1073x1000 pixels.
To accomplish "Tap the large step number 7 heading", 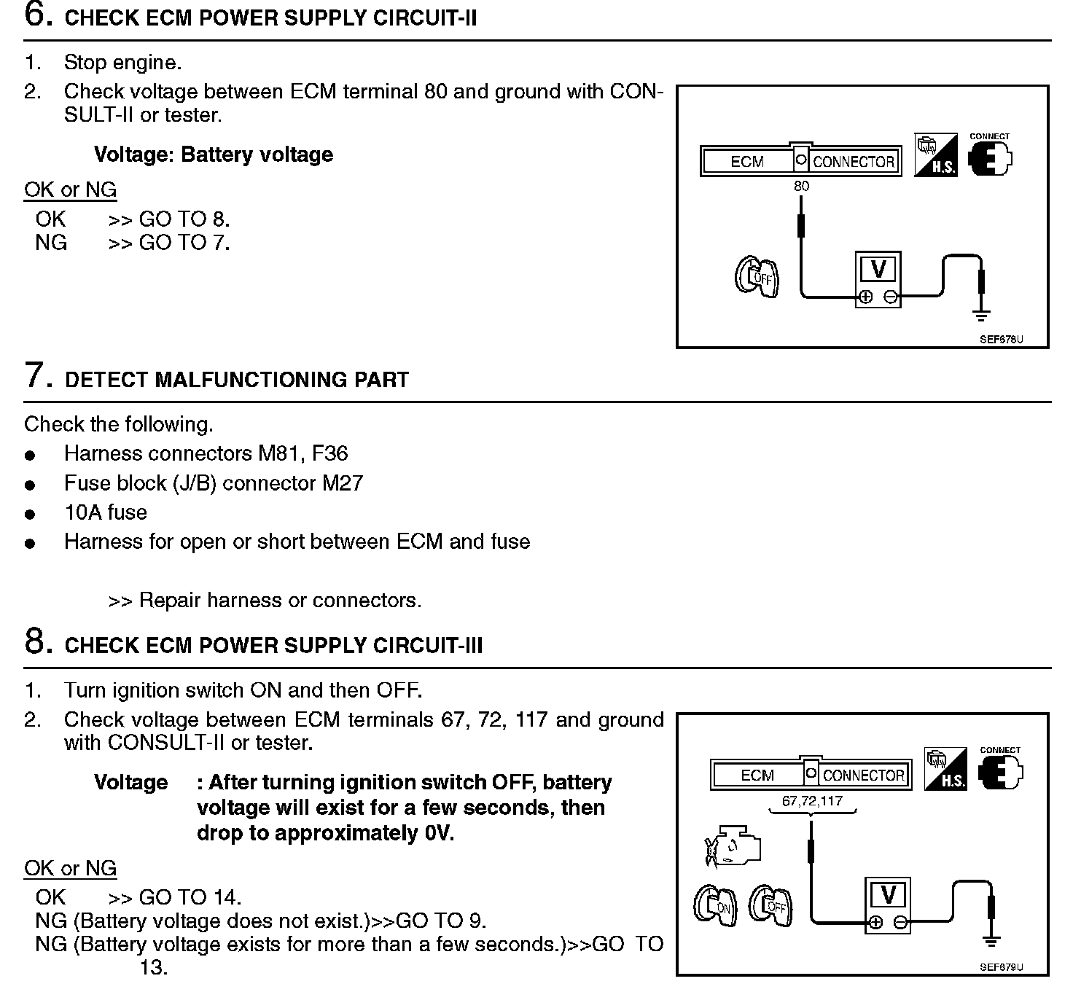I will click(x=39, y=376).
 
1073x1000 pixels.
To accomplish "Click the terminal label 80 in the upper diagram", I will click(x=801, y=187).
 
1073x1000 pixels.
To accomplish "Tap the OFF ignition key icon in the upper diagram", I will click(x=757, y=277).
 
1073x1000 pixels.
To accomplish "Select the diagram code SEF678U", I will click(x=1001, y=340).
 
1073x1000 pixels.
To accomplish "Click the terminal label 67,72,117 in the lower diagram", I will click(x=812, y=801).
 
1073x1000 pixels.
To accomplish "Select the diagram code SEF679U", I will click(x=1001, y=967).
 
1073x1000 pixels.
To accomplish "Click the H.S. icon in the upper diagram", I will click(x=936, y=154).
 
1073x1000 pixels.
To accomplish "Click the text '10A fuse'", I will click(x=106, y=512).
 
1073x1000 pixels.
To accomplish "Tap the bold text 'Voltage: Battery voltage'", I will click(x=214, y=155).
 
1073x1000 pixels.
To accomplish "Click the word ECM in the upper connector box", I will click(x=747, y=162).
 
